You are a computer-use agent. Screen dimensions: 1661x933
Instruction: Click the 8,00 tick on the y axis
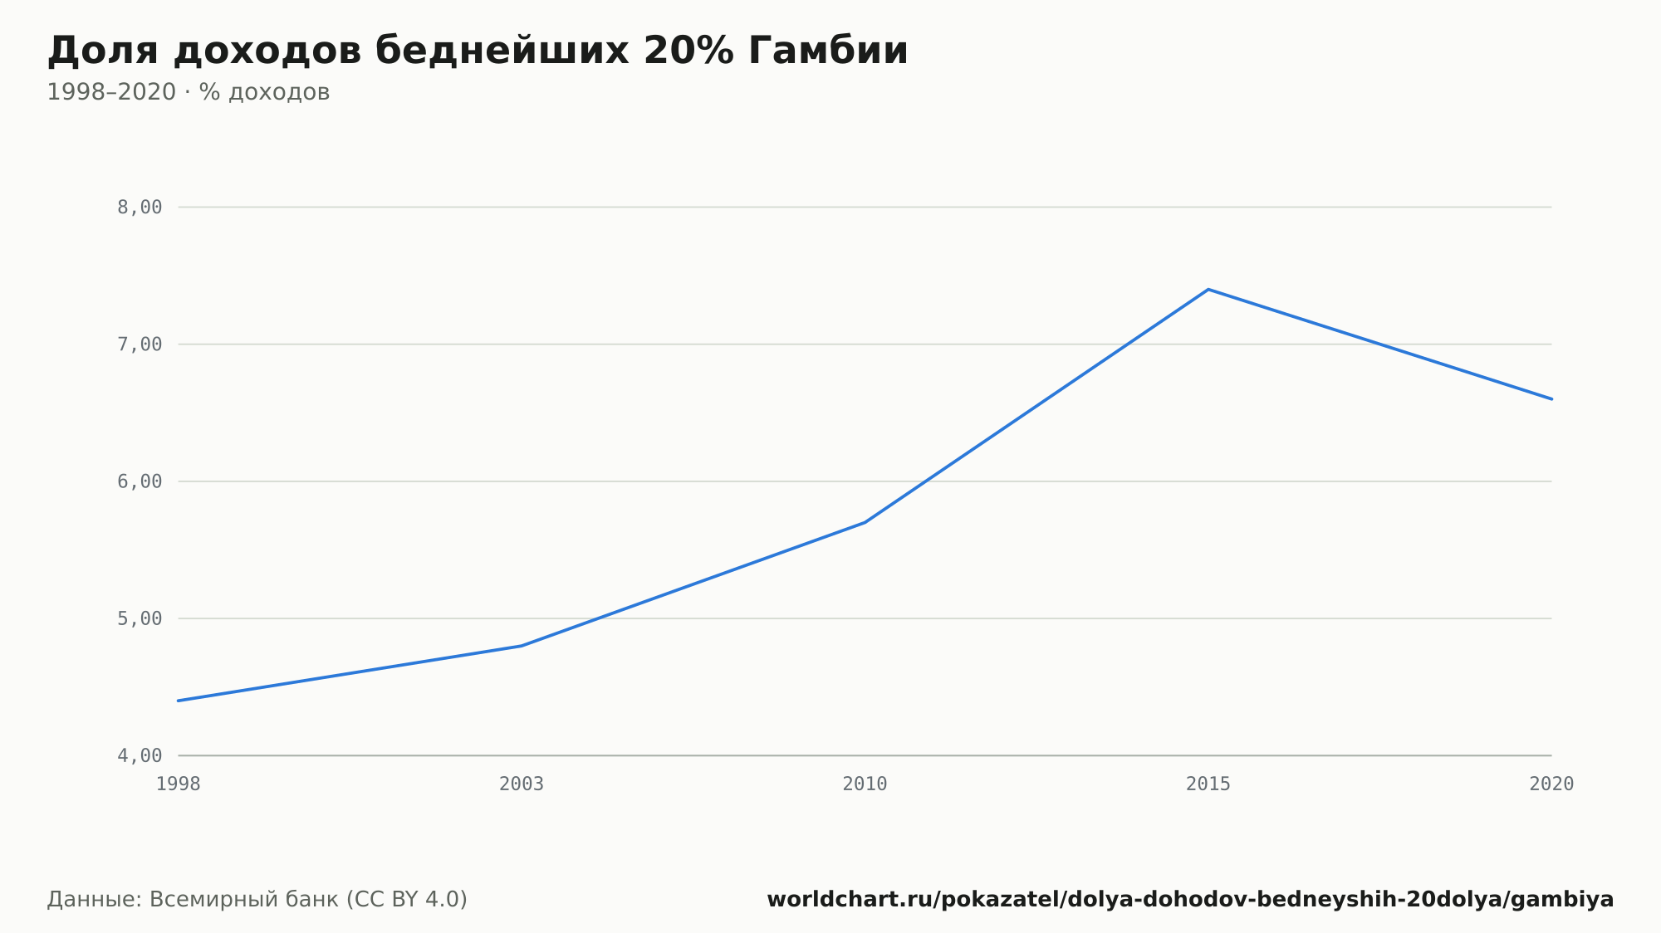pos(140,208)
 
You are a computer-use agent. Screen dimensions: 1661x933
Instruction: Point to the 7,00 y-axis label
pos(140,344)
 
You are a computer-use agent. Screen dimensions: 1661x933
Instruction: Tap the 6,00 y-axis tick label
pos(140,481)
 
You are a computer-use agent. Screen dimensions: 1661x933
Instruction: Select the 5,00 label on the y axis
pos(140,618)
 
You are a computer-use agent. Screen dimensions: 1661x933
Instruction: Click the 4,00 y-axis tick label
pos(140,755)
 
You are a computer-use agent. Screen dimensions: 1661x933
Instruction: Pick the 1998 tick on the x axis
pos(179,784)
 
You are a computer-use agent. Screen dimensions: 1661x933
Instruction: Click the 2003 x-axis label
pos(522,784)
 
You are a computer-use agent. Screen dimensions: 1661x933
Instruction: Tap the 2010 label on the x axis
pos(865,784)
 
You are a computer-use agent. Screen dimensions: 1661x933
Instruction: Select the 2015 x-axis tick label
pos(1208,784)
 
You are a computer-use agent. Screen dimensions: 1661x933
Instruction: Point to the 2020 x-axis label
pos(1551,784)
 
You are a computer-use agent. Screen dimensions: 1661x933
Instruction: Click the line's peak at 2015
pos(1208,290)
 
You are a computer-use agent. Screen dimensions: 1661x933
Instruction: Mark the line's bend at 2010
pos(865,522)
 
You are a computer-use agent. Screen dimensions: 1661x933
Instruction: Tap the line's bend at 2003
pos(522,646)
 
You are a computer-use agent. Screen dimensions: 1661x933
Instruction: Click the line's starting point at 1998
pos(179,701)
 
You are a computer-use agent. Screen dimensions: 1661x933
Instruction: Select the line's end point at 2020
pos(1551,399)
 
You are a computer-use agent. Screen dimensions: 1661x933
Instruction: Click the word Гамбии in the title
pos(827,51)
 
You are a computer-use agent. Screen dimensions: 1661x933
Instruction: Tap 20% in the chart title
pos(688,51)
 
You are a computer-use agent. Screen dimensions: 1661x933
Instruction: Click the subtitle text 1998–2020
pos(111,92)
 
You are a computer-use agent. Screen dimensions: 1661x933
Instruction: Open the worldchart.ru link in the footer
pos(1190,900)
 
